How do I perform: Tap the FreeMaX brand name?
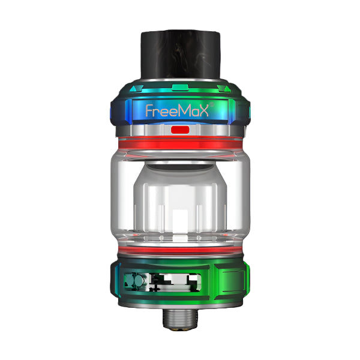179,112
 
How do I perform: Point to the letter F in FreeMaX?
150,112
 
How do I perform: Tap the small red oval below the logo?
179,130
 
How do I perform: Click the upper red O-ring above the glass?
179,144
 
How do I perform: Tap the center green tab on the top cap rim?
179,88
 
